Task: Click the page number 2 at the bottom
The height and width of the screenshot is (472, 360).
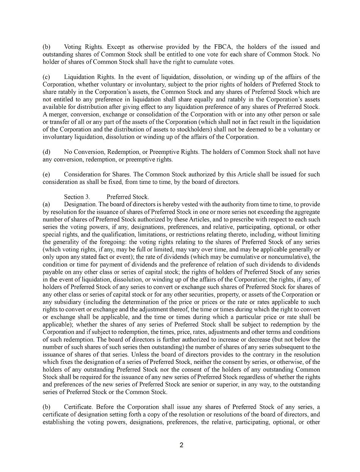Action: [182, 445]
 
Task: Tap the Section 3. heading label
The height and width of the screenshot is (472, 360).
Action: [77, 197]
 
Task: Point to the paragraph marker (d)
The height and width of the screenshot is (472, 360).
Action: [47, 152]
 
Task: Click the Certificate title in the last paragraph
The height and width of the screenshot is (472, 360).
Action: [78, 407]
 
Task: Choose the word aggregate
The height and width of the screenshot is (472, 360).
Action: [305, 212]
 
